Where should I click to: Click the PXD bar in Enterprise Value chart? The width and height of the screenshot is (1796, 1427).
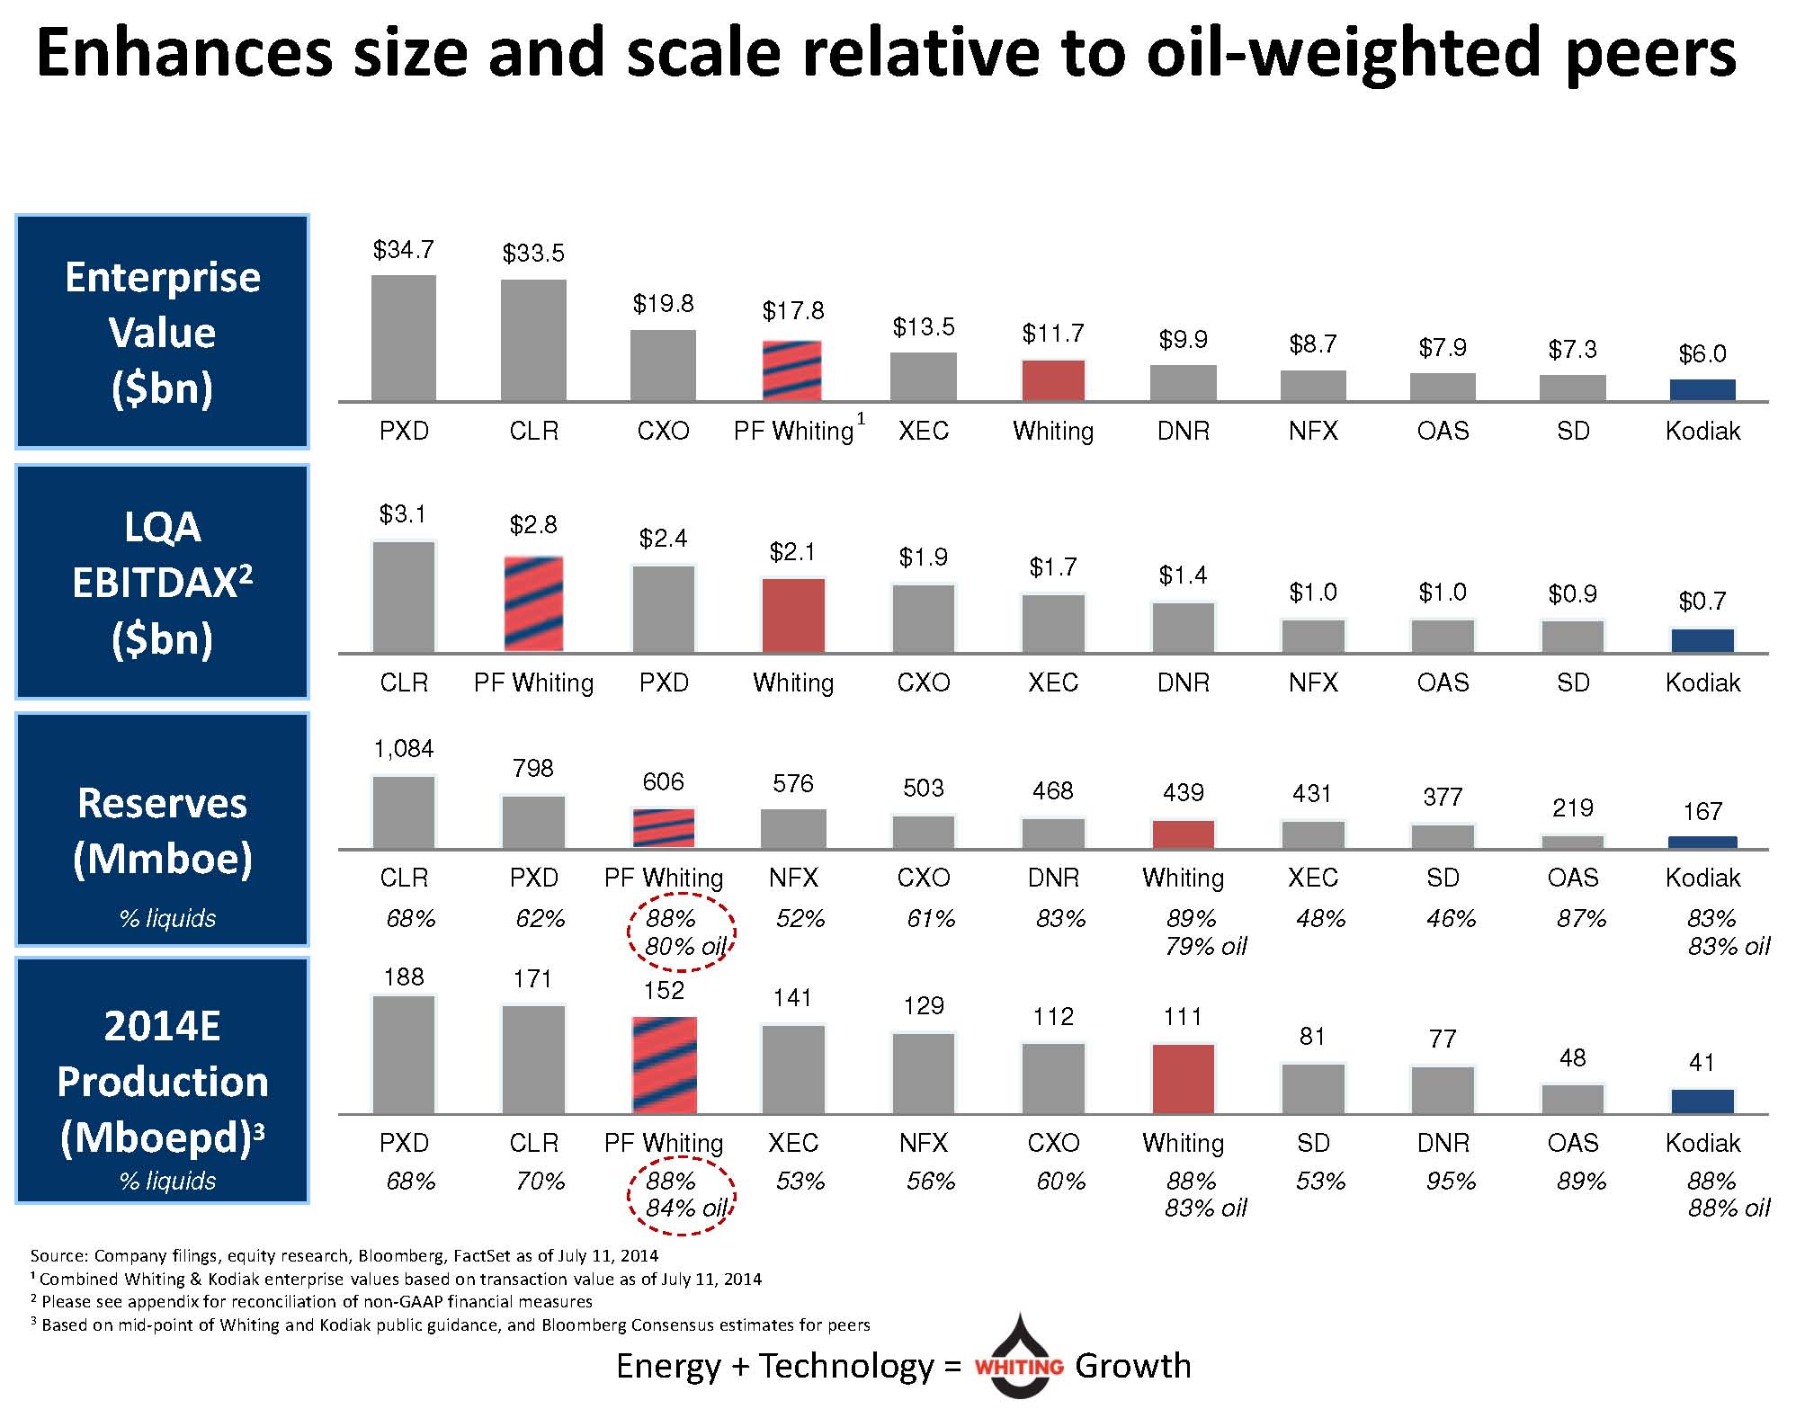coord(404,338)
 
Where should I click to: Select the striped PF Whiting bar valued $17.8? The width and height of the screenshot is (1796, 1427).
coord(792,370)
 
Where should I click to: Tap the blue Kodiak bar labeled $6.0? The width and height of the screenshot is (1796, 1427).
coord(1702,389)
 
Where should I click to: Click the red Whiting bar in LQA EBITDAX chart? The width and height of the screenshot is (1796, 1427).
coord(793,615)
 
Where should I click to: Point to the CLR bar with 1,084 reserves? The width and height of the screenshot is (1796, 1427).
coord(404,812)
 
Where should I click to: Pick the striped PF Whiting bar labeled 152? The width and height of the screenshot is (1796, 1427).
coord(664,1065)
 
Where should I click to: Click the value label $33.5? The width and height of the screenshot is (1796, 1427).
coord(533,254)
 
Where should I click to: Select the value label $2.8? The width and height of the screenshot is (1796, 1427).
coord(533,524)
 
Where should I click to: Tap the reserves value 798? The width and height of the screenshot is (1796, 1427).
coord(533,768)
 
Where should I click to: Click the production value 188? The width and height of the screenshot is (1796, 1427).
coord(404,977)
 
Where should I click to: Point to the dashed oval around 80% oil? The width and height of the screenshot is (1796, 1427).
coord(682,932)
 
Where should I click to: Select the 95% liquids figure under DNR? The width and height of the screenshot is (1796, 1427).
coord(1451,1181)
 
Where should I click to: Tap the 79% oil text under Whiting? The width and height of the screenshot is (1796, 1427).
coord(1205,946)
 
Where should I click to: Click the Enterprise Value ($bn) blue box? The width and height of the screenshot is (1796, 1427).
coord(163,332)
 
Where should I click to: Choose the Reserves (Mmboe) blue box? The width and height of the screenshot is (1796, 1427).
coord(163,829)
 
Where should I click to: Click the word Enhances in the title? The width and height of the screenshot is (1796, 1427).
coord(183,52)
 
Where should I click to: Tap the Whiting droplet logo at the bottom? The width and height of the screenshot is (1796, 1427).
coord(1019,1358)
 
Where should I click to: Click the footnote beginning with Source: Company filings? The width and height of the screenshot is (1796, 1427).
coord(344,1255)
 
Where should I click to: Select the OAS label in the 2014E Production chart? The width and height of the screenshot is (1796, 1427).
coord(1573,1143)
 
